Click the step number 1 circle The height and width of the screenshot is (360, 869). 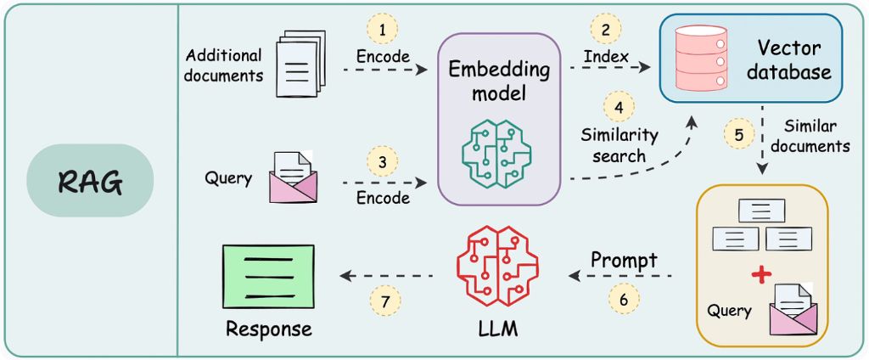pos(383,30)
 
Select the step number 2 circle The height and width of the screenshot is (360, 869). pos(605,30)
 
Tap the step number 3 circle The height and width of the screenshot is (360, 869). pos(383,160)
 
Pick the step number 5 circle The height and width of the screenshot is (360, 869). pos(739,134)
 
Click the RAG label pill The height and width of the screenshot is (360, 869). pos(89,180)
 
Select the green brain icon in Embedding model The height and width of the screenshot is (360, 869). pos(499,149)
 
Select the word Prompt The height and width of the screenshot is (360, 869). pos(624,261)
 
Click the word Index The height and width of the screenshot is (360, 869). pos(605,57)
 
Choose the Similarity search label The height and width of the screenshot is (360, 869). pos(619,145)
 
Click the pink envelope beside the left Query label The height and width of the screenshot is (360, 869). pos(292,177)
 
